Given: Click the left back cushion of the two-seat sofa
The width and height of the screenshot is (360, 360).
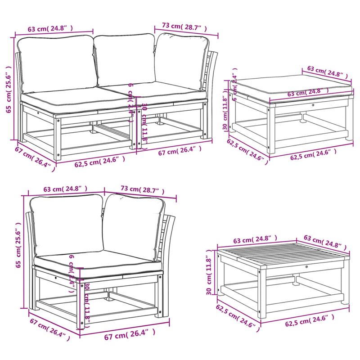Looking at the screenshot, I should pos(56,63).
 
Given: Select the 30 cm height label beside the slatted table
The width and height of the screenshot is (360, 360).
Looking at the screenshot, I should pos(209,274).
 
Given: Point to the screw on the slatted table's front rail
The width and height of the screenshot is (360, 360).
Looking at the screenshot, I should pos(306,267).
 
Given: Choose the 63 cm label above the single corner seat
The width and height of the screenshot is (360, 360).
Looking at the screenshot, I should pos(65,189).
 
